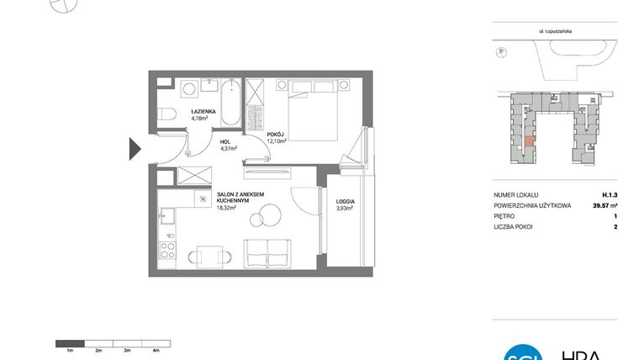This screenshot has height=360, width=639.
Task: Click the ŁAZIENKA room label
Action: pos(204,111)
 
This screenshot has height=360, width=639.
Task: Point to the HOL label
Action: pos(226,142)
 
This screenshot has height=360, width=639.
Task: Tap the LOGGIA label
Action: pos(344,203)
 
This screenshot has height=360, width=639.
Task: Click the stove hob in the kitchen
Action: pos(167,250)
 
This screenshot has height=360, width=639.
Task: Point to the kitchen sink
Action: pos(166,220)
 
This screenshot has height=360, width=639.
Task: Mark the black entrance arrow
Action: pos(135,149)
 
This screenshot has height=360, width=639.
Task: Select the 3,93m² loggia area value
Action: pos(344,209)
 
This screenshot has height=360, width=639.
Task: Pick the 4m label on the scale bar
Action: pos(156,349)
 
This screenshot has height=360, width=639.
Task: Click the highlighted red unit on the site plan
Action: pos(528,142)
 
